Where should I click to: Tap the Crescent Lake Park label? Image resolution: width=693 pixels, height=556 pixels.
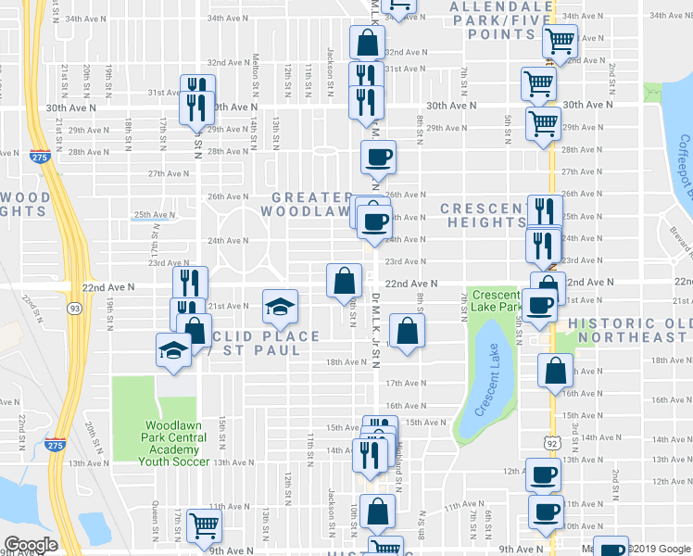point(498,300)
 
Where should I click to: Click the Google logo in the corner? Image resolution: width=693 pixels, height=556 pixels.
point(31,545)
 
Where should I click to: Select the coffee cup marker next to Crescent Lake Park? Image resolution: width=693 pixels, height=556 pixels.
point(539,303)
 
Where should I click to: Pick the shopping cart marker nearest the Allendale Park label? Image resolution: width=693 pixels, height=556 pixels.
point(559,40)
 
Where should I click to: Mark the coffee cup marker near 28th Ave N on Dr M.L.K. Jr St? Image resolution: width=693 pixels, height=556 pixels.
point(376,158)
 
